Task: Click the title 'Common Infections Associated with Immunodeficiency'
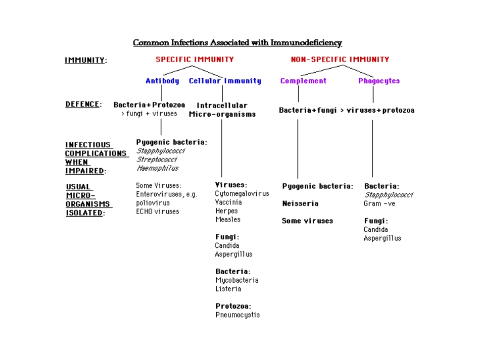[x=237, y=43]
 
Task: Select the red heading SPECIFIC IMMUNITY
[x=195, y=60]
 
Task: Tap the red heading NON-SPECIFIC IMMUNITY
[x=340, y=60]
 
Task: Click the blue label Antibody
[x=162, y=81]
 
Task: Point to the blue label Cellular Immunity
[x=225, y=81]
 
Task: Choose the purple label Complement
[x=303, y=81]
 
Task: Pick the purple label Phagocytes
[x=379, y=81]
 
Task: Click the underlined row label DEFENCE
[x=82, y=105]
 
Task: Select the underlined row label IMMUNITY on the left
[x=85, y=61]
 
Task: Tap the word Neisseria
[x=300, y=203]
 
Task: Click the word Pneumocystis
[x=237, y=315]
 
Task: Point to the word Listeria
[x=228, y=289]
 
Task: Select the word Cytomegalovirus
[x=242, y=194]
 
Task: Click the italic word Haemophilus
[x=157, y=168]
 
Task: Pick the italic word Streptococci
[x=157, y=160]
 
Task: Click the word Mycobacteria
[x=236, y=280]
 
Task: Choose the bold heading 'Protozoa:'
[x=233, y=306]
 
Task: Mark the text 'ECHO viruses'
[x=157, y=212]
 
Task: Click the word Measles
[x=227, y=220]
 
